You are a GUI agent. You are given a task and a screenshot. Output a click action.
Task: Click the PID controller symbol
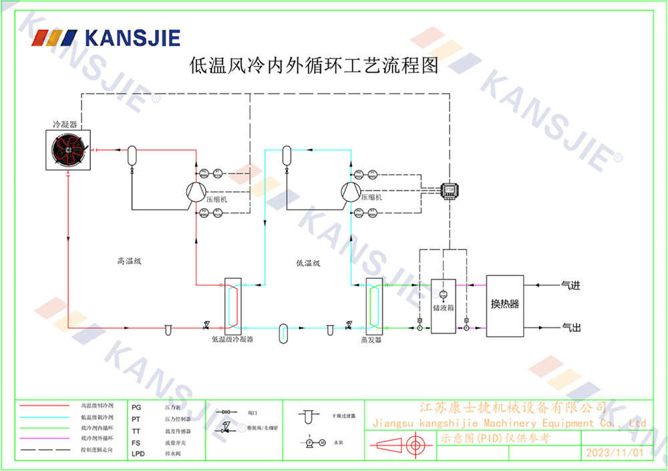click(449, 189)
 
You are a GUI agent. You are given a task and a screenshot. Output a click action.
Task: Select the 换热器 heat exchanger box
click(505, 305)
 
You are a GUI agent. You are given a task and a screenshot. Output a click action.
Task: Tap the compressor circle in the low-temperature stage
click(350, 192)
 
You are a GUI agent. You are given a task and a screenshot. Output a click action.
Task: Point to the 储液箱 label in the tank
click(443, 309)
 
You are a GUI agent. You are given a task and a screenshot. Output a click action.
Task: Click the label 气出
click(570, 328)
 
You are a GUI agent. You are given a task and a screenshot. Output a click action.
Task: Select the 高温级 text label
click(129, 261)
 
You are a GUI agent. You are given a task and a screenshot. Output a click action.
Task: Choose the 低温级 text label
click(308, 263)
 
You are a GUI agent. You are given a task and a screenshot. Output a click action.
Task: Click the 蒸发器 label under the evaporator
click(371, 340)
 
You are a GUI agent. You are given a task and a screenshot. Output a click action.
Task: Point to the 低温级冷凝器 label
click(232, 340)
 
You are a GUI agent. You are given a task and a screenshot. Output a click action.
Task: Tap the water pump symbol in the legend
click(311, 442)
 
